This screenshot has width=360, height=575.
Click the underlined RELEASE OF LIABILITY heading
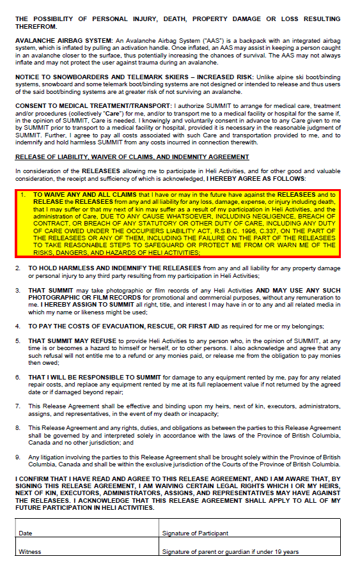pos(132,157)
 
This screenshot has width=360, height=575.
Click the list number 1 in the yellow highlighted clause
pos(24,194)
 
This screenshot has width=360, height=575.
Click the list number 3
pos(18,291)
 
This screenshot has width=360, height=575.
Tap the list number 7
pos(18,405)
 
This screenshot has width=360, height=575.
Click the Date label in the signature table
pos(26,533)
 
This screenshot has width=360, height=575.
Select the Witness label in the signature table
pos(30,551)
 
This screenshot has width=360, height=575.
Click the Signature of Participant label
pos(195,533)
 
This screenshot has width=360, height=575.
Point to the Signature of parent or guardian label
pos(230,551)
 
